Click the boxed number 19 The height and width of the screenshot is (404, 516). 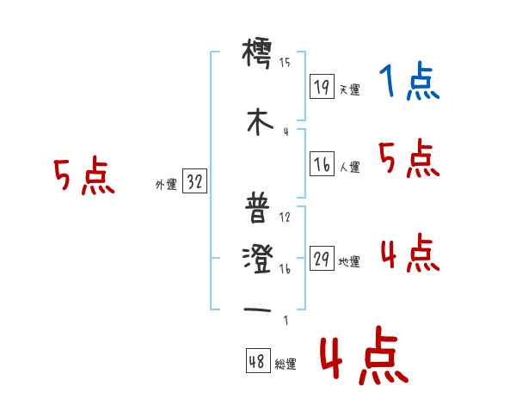pos(322,86)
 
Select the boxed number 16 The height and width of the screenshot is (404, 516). pos(322,165)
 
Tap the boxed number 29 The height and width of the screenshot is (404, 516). pos(322,260)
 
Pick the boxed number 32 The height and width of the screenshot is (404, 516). pos(194,182)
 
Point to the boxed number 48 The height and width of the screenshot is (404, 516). pos(257,362)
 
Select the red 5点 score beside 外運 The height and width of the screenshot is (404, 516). pos(83,177)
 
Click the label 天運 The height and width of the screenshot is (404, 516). pos(349,89)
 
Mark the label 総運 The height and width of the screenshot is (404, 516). pos(286,364)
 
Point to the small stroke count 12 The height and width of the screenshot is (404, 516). pos(285,217)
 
